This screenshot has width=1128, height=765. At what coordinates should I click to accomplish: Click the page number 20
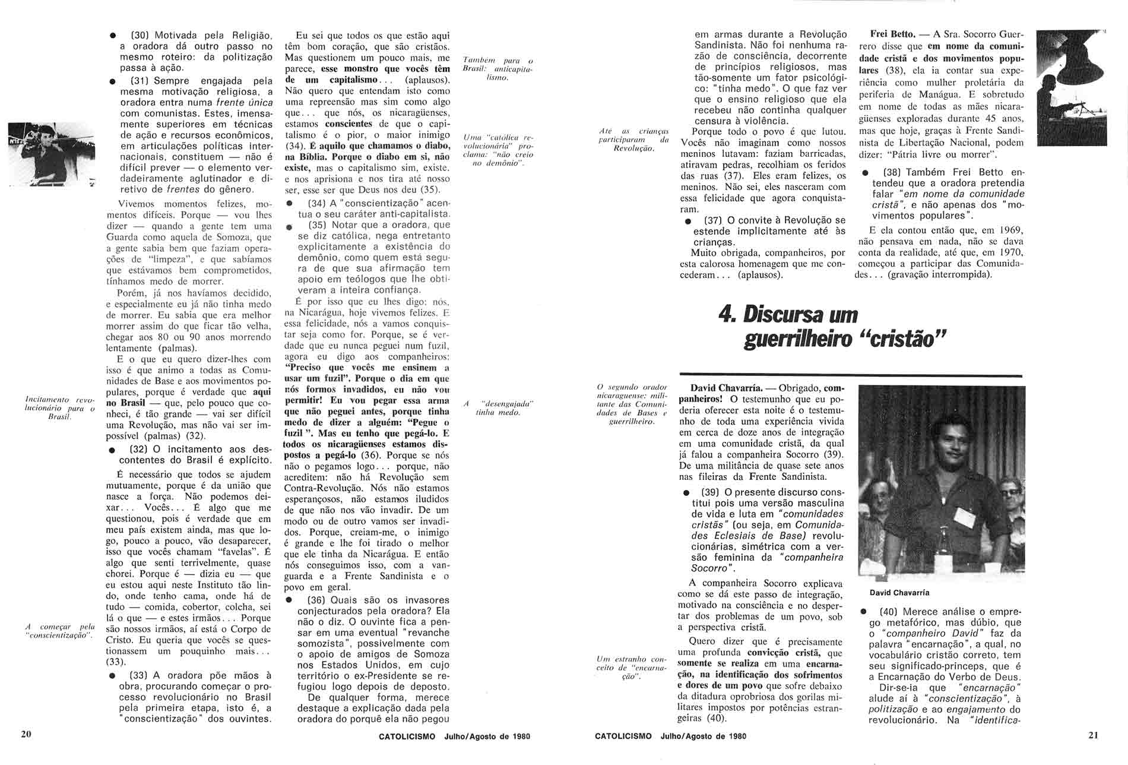click(26, 734)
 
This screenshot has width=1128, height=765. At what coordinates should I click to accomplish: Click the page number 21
click(1094, 735)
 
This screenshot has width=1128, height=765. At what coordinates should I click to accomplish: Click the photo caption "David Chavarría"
click(899, 593)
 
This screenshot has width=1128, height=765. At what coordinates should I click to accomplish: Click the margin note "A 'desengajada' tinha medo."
click(498, 408)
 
